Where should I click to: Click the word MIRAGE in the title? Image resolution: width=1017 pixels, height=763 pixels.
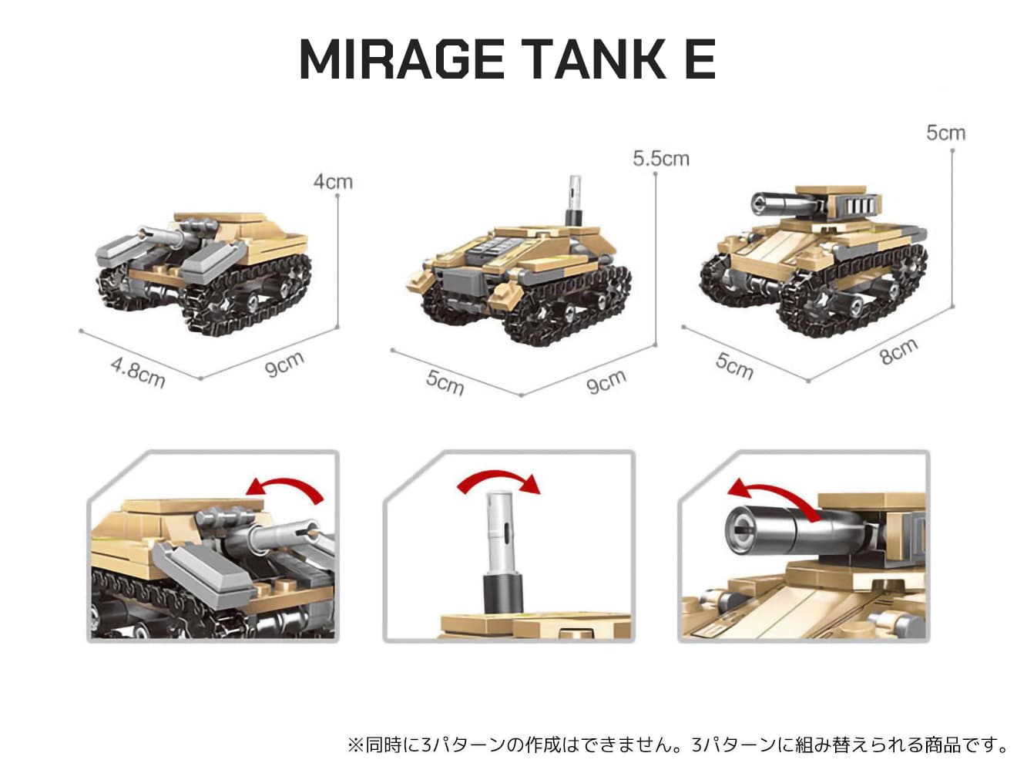[401, 59]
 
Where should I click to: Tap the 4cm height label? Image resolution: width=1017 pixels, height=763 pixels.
[333, 182]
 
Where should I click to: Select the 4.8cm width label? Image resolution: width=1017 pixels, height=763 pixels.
[138, 372]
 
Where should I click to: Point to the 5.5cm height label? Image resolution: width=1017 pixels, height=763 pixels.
[661, 159]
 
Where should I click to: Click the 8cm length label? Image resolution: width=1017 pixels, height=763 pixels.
[898, 351]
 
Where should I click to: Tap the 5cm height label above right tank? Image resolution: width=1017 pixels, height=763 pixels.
[945, 133]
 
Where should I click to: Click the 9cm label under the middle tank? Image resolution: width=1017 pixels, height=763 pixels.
[606, 381]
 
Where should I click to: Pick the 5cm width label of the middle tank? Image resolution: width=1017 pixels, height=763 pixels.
[445, 383]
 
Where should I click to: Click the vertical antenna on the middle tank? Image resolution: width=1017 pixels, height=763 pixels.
[575, 200]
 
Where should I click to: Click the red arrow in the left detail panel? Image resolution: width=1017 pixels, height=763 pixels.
[284, 488]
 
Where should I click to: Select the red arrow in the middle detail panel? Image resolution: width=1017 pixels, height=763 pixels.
[498, 482]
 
